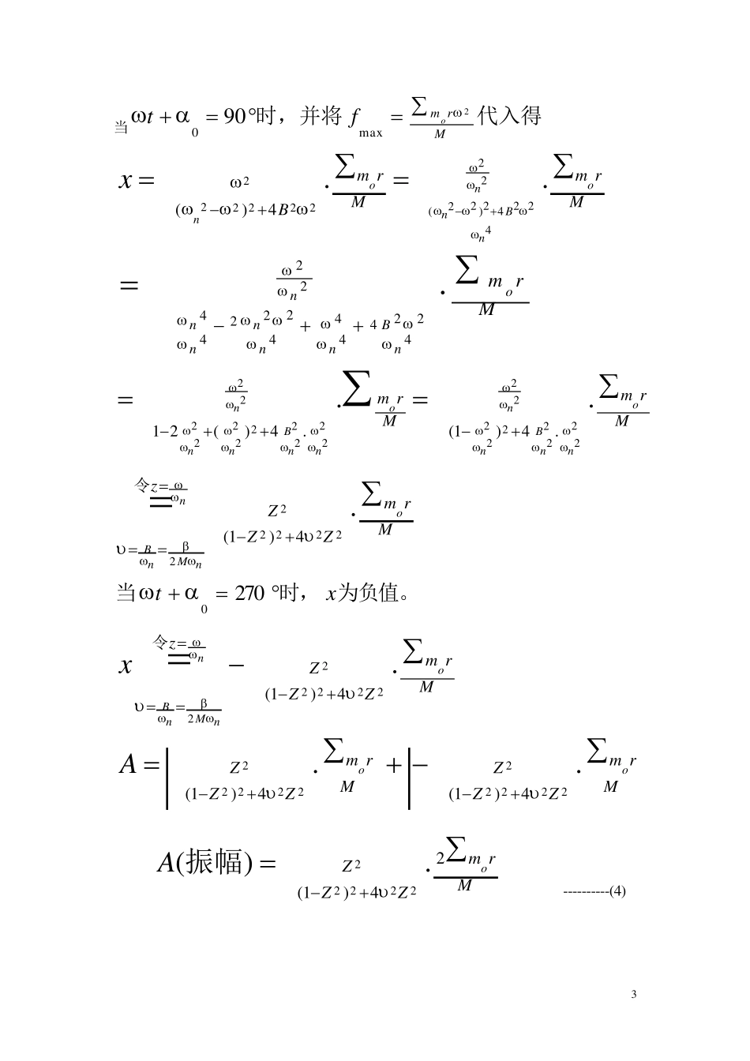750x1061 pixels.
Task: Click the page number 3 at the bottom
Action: pyautogui.click(x=634, y=994)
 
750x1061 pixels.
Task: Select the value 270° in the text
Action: pyautogui.click(x=252, y=593)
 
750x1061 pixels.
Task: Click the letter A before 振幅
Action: pyautogui.click(x=166, y=863)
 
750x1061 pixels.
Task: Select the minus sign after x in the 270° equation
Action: pyautogui.click(x=235, y=665)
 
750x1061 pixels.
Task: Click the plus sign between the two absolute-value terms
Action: pyautogui.click(x=394, y=765)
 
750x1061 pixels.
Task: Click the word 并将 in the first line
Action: pyautogui.click(x=321, y=117)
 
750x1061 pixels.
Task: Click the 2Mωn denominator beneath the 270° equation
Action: pyautogui.click(x=204, y=719)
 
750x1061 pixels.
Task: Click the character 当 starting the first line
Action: pyautogui.click(x=121, y=128)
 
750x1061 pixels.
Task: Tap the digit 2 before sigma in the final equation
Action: pyautogui.click(x=441, y=857)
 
